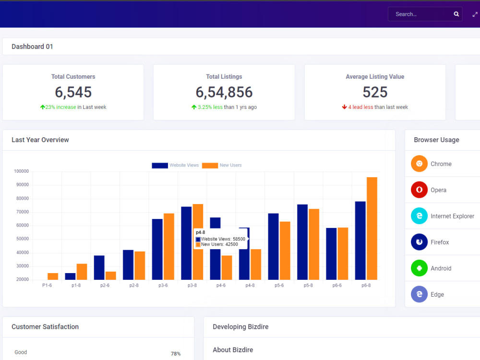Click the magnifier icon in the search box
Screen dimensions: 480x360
456,14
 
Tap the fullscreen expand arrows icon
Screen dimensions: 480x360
475,14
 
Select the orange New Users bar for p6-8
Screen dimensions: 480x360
372,228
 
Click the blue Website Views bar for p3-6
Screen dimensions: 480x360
157,249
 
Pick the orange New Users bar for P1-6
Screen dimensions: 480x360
53,276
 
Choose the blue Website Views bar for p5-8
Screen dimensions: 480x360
302,242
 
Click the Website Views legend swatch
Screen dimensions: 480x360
160,165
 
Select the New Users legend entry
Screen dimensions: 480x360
222,165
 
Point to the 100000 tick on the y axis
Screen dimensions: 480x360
22,171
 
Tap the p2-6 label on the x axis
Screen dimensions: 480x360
105,285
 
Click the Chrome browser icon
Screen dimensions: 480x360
419,164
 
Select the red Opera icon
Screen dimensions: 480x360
419,190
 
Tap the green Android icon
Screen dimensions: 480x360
419,268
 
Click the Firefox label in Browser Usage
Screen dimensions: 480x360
440,242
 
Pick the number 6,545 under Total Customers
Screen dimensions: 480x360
73,92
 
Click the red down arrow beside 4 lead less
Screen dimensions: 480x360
344,107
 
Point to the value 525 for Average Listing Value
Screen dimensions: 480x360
375,92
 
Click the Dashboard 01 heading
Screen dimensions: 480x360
32,47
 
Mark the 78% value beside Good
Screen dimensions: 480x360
176,354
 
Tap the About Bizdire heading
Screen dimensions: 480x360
233,350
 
